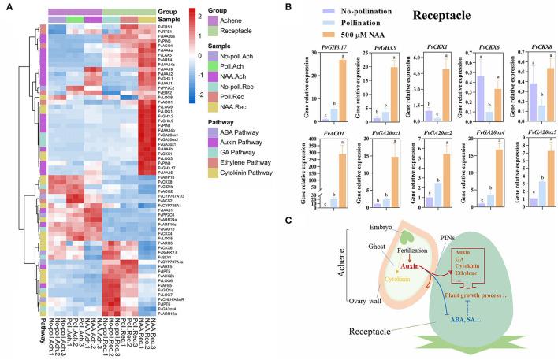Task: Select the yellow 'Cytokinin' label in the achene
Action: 374,280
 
